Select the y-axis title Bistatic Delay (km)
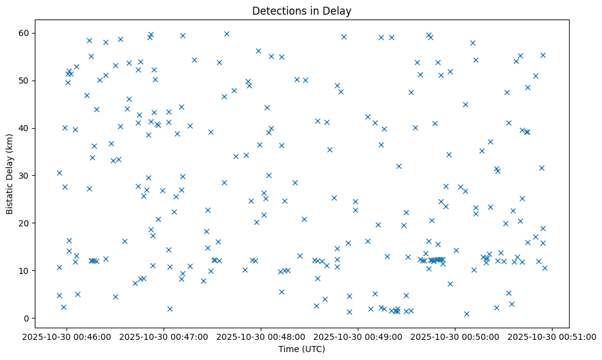(x=10, y=174)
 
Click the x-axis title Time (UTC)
(x=302, y=349)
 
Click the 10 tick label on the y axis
(x=25, y=271)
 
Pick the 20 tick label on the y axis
(x=25, y=223)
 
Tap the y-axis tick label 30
(x=25, y=176)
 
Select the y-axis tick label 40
(x=25, y=128)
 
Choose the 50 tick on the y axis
(x=25, y=81)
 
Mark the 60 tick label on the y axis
(x=25, y=33)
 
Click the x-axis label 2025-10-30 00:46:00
(x=67, y=336)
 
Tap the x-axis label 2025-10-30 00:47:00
(x=164, y=336)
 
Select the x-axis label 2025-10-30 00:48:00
(x=261, y=336)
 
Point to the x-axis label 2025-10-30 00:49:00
(x=358, y=336)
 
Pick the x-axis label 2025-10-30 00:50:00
(x=455, y=336)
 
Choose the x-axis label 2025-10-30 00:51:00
(x=553, y=336)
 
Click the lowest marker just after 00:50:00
(x=466, y=314)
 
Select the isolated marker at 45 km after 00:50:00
(x=465, y=104)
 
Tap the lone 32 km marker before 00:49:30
(x=399, y=166)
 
